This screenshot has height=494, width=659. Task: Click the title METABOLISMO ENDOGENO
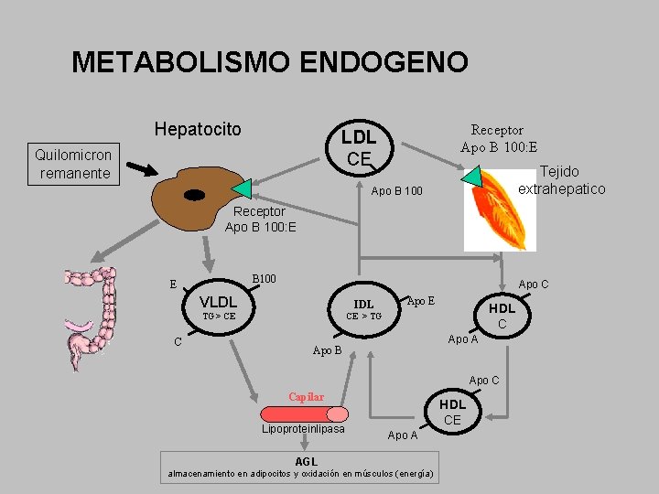click(x=270, y=62)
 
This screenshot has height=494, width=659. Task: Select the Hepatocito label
click(x=198, y=129)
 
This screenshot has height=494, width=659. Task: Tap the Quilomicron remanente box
click(x=73, y=164)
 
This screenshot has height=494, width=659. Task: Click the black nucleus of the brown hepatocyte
click(x=194, y=195)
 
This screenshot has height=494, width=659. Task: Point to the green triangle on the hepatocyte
click(x=242, y=188)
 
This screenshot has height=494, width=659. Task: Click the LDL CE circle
click(x=359, y=147)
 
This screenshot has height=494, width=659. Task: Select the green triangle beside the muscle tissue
click(x=472, y=177)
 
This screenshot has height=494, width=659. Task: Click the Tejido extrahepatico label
click(x=560, y=180)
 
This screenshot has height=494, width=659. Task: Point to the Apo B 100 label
click(x=397, y=192)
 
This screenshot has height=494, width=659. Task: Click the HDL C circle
click(x=502, y=316)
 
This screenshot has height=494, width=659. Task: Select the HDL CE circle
click(x=453, y=412)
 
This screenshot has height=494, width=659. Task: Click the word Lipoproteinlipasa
click(x=303, y=430)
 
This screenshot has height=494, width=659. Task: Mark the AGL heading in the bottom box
click(x=306, y=461)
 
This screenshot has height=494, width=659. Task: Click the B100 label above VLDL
click(x=264, y=278)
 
